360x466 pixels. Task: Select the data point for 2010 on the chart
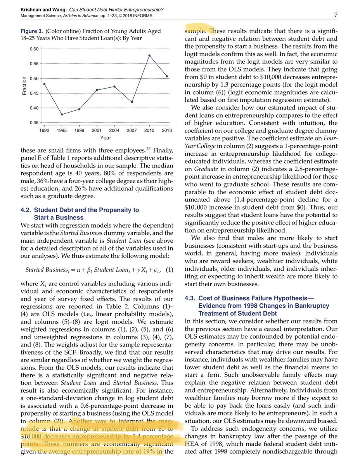pos(149,56)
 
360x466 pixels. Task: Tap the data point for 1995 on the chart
pos(62,114)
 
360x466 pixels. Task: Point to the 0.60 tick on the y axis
pos(34,49)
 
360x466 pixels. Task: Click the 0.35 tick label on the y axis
pos(34,123)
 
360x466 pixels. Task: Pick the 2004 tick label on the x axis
pos(114,130)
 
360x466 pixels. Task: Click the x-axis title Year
pos(106,137)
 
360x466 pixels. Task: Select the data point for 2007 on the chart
pos(132,102)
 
